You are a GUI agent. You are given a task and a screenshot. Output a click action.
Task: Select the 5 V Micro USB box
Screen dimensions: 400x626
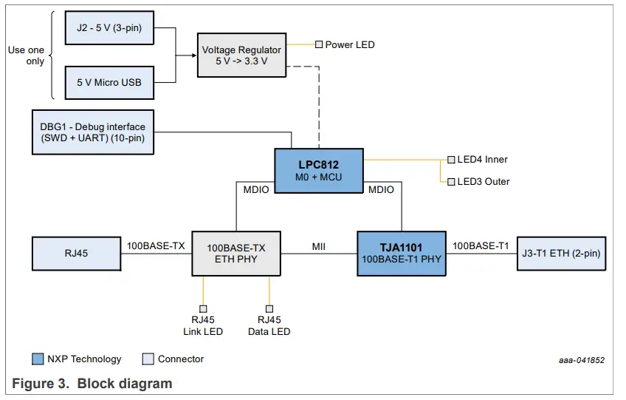tap(109, 82)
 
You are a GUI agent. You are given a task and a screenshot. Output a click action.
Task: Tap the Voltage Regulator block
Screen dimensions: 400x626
tap(241, 55)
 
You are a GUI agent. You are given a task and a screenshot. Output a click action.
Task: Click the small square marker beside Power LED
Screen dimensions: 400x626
tap(319, 44)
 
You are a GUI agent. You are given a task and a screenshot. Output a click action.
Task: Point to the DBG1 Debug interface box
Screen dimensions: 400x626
tap(93, 132)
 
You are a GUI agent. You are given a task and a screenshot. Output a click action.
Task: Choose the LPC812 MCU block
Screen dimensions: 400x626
tap(319, 170)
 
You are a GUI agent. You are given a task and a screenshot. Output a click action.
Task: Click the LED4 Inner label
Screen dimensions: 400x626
tap(482, 159)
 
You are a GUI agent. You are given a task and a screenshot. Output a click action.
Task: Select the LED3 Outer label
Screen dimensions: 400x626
tap(484, 181)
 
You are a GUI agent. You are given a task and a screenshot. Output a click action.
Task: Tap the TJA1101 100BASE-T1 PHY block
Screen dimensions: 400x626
tap(401, 254)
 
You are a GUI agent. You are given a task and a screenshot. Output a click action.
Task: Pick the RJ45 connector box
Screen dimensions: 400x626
tap(76, 254)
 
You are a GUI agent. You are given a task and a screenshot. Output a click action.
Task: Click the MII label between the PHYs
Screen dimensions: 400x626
tap(319, 245)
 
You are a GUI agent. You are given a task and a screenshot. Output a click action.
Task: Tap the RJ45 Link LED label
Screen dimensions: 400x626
tap(203, 325)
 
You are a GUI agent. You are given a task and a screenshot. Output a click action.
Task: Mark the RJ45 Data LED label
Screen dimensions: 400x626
tap(269, 325)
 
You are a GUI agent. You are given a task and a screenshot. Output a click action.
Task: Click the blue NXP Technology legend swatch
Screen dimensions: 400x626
tap(38, 359)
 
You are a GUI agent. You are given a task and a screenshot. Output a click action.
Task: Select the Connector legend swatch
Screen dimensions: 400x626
tap(148, 359)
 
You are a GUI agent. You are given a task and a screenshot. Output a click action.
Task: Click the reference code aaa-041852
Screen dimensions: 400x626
tap(581, 360)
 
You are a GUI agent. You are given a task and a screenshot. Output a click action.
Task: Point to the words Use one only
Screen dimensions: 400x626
tap(26, 55)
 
